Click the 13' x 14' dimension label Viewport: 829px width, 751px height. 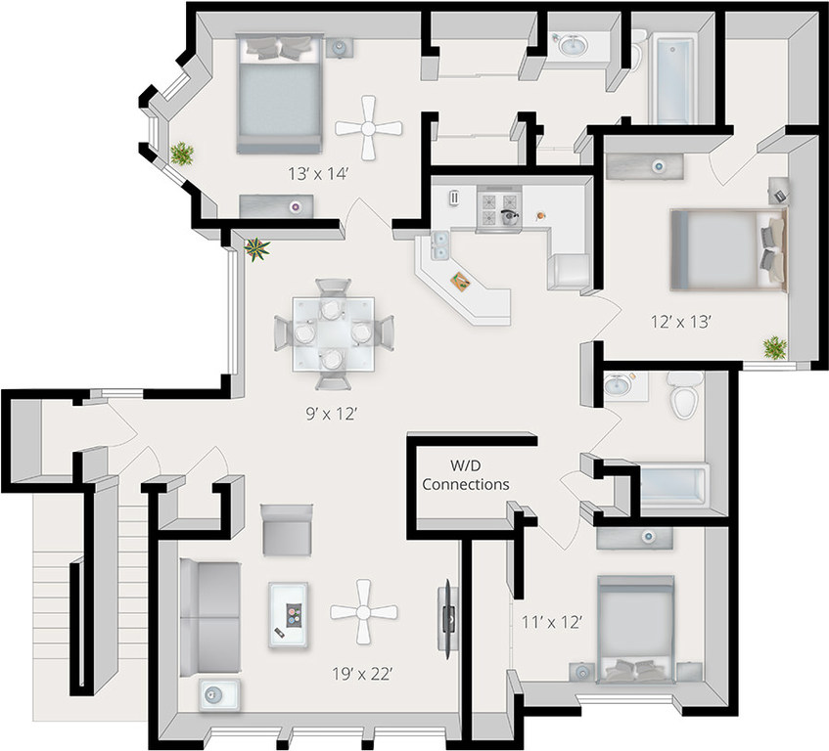(316, 174)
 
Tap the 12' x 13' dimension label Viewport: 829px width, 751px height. (681, 319)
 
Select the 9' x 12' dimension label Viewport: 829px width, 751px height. (327, 413)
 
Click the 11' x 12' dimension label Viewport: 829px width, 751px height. (550, 620)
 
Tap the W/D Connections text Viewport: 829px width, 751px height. (465, 474)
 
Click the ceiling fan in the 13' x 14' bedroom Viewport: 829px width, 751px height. (369, 127)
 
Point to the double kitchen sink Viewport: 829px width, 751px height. (438, 246)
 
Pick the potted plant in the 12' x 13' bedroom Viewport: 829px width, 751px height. (775, 346)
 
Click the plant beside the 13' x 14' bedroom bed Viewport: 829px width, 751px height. (181, 153)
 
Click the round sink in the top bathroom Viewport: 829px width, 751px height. (570, 46)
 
